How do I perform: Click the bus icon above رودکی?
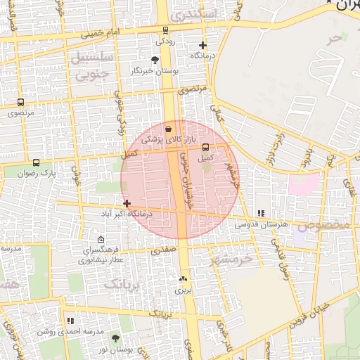point(165,30)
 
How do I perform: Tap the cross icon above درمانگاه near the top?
point(202,45)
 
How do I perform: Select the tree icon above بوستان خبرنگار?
point(155,60)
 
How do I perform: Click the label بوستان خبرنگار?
point(155,71)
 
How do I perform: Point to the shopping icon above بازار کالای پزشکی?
point(168,129)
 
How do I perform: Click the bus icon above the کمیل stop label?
point(205,148)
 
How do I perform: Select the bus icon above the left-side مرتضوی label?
point(20,103)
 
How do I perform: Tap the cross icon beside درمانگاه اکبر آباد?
point(127,203)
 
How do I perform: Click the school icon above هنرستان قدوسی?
point(261,213)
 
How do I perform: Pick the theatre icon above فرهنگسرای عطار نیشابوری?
point(101,240)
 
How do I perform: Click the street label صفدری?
point(162,250)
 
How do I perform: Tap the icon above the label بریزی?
point(183,279)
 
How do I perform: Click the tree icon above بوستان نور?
point(115,339)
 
